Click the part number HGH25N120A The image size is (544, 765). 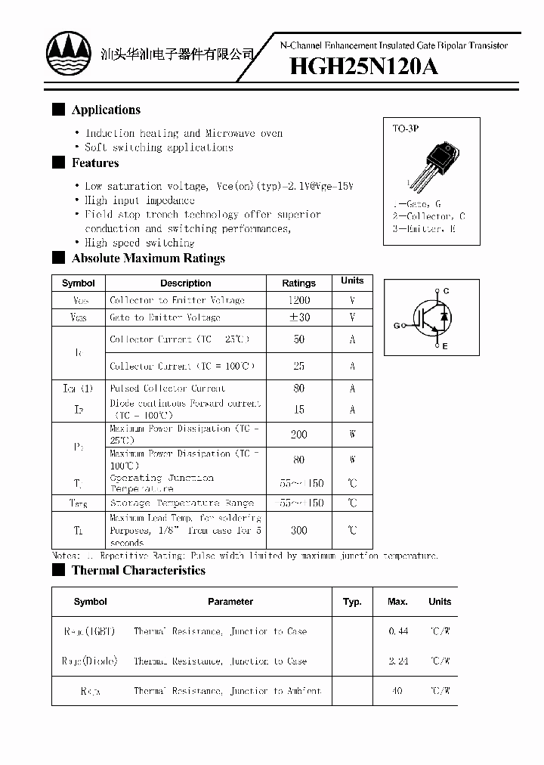[x=363, y=67]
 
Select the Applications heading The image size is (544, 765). [x=106, y=110]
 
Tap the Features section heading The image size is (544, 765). [x=95, y=163]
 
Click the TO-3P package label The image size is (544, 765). [x=405, y=129]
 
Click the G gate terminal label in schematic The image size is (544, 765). [x=396, y=326]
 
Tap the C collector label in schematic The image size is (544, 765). [x=446, y=291]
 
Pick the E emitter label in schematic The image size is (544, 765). [x=445, y=346]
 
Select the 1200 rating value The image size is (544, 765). [x=299, y=300]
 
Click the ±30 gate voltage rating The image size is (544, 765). [x=299, y=317]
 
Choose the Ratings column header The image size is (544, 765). [x=299, y=283]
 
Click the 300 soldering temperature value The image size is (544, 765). [x=299, y=531]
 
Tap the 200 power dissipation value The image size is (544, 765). [x=299, y=435]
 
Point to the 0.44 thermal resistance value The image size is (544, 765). [x=398, y=630]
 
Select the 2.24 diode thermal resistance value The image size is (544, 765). [x=398, y=661]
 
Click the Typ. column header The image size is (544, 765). [x=352, y=602]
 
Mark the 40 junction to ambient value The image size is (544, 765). [x=398, y=691]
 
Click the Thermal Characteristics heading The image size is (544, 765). [x=138, y=571]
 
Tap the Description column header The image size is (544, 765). [x=185, y=283]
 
